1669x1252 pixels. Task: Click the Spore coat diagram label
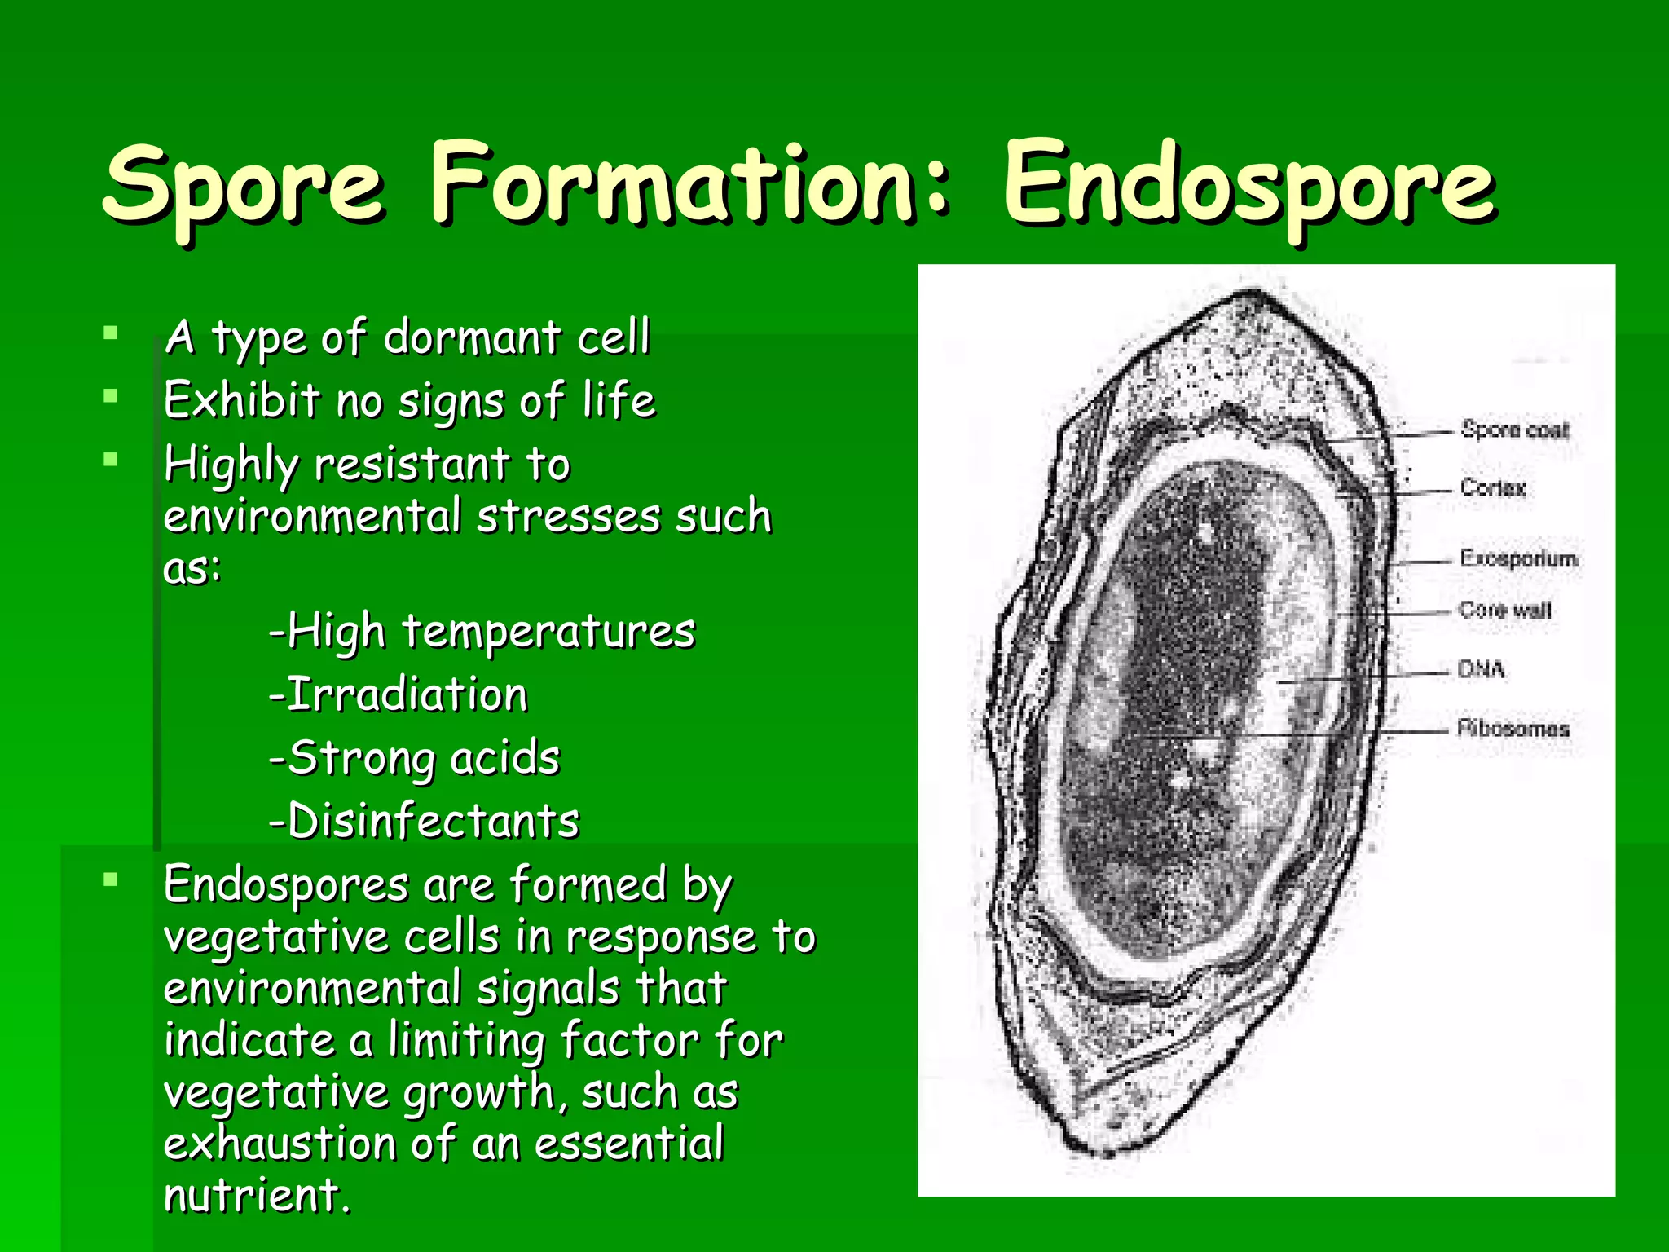(x=1514, y=430)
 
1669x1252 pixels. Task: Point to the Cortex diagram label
(x=1492, y=487)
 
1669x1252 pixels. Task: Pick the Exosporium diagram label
(x=1518, y=558)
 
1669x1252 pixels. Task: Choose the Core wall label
(x=1504, y=610)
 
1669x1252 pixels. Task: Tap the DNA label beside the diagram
(x=1481, y=669)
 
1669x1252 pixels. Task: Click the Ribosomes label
(x=1513, y=728)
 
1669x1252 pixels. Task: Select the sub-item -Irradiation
(x=399, y=694)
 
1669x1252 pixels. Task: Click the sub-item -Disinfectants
(x=424, y=821)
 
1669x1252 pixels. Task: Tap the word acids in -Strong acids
(x=504, y=758)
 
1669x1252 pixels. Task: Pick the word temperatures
(x=548, y=631)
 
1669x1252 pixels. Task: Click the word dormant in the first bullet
(x=471, y=337)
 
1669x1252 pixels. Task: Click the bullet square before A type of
(x=112, y=333)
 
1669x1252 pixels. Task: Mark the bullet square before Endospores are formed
(x=112, y=879)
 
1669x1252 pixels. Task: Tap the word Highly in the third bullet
(x=231, y=465)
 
